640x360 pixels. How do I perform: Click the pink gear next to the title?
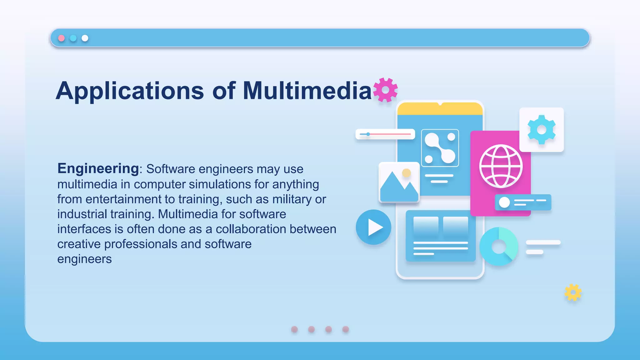click(386, 90)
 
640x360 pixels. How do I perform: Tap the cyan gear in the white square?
click(542, 130)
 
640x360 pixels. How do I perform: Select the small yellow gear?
click(573, 292)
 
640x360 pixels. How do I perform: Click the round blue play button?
click(373, 227)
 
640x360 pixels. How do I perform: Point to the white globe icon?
click(501, 166)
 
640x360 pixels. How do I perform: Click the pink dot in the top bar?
click(62, 38)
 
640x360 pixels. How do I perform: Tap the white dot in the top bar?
click(85, 38)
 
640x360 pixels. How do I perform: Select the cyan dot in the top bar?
click(73, 38)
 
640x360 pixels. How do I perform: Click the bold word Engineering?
click(98, 168)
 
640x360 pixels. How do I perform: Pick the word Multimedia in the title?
click(307, 91)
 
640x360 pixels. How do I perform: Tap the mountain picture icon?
click(399, 182)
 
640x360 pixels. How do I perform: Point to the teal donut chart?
click(499, 247)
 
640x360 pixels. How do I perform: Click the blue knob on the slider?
click(368, 134)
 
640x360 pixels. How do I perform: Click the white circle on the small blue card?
click(504, 202)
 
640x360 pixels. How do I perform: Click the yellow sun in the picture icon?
click(406, 173)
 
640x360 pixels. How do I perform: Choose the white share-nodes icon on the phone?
click(440, 148)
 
